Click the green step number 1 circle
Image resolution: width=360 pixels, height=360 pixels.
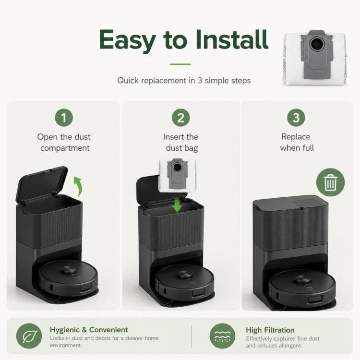(x=64, y=118)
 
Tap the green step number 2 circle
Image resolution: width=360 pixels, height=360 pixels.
(x=180, y=118)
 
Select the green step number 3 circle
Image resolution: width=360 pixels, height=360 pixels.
(x=296, y=118)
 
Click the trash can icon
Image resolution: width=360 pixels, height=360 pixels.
(x=330, y=182)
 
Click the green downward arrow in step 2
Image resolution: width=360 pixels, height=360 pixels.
(x=177, y=205)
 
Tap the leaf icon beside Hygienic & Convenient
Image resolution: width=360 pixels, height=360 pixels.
(x=29, y=336)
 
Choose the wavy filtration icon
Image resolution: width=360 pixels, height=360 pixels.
(x=222, y=336)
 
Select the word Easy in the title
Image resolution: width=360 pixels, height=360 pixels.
(x=128, y=41)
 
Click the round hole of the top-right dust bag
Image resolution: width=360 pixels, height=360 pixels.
(x=316, y=44)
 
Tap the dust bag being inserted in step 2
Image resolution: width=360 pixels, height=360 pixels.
(x=178, y=175)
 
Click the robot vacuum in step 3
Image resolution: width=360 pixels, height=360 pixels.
(x=302, y=289)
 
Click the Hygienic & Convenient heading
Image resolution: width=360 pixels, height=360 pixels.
(x=89, y=330)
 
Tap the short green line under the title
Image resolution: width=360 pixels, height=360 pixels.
(x=180, y=64)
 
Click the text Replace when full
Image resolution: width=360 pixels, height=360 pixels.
(x=297, y=142)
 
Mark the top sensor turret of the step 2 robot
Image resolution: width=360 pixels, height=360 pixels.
(x=183, y=275)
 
